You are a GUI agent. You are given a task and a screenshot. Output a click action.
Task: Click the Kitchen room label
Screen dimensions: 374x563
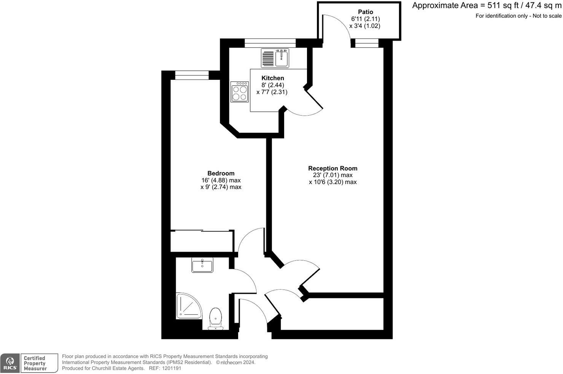(273, 78)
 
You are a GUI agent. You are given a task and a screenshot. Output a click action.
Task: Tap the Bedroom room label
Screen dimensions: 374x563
(221, 173)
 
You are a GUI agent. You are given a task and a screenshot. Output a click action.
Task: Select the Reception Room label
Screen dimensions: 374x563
(332, 168)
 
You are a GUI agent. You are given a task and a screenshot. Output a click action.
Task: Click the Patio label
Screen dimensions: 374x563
(365, 12)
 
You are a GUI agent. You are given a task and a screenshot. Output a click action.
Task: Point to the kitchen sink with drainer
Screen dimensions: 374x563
(275, 58)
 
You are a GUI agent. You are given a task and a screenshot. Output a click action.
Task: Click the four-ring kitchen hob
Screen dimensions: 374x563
(240, 92)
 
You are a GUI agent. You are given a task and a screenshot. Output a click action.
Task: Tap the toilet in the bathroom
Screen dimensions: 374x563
(216, 319)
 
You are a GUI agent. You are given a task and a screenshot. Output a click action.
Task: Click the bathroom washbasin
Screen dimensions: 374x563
(202, 265)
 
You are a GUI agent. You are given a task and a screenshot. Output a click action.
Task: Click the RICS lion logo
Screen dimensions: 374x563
(10, 363)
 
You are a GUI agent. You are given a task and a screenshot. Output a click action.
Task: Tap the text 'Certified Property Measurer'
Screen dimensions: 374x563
(35, 363)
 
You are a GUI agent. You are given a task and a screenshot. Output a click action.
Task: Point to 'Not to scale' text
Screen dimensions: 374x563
(547, 16)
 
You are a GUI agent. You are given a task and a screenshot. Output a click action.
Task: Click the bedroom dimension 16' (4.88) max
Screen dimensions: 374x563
(221, 181)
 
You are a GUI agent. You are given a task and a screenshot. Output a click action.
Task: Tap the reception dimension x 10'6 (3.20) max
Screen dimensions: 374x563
(332, 182)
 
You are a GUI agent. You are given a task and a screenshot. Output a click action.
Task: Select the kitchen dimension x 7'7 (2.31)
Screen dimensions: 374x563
(272, 92)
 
